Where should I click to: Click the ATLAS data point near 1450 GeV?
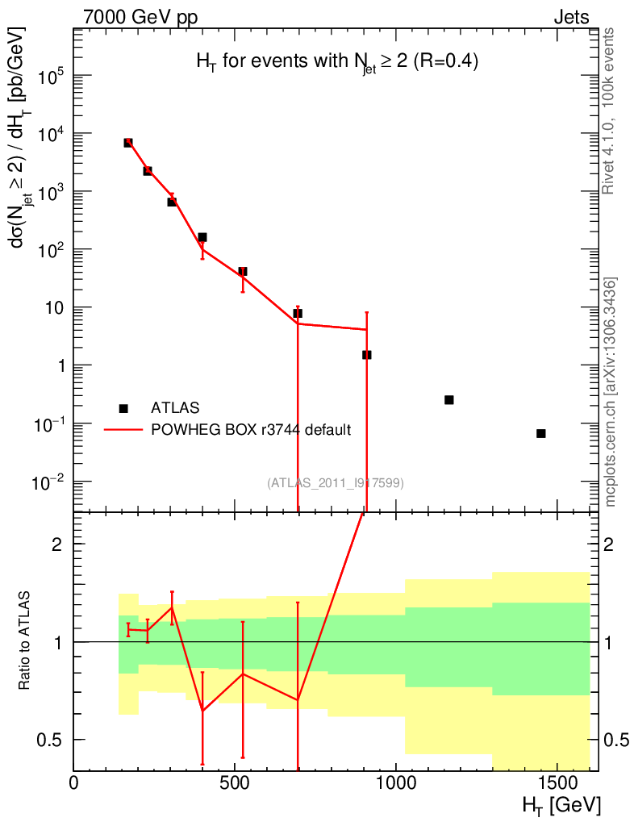coord(540,433)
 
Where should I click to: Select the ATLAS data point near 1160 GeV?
coord(449,400)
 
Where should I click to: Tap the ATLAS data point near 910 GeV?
coord(367,355)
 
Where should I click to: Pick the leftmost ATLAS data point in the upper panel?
coord(128,143)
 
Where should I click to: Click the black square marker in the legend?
coord(123,408)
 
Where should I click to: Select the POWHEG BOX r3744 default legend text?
coord(251,430)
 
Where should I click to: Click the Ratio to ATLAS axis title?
coord(25,641)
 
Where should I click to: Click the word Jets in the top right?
coord(571,18)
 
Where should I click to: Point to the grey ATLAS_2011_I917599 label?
coord(336,482)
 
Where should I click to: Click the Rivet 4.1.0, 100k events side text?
coord(610,111)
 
